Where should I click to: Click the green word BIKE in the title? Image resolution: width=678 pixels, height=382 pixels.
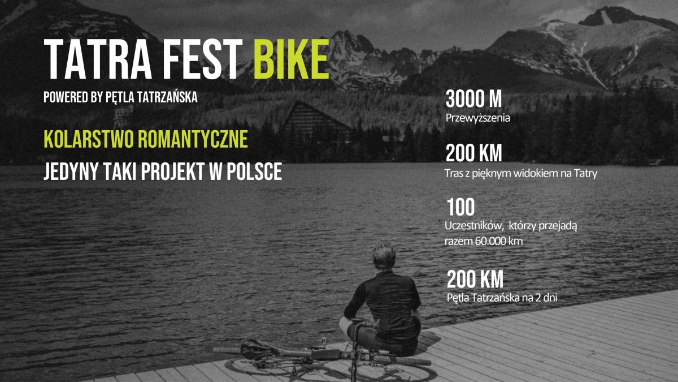pyautogui.click(x=292, y=59)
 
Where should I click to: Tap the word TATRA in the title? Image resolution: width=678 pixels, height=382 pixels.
pyautogui.click(x=98, y=59)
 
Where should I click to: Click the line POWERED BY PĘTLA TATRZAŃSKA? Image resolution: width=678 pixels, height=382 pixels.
pyautogui.click(x=120, y=97)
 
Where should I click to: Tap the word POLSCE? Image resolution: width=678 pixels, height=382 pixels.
pyautogui.click(x=254, y=171)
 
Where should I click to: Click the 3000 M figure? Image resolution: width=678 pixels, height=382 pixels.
pyautogui.click(x=473, y=99)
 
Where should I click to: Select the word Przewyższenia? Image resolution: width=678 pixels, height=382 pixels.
pyautogui.click(x=477, y=118)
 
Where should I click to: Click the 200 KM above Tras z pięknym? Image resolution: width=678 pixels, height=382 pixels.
pyautogui.click(x=473, y=153)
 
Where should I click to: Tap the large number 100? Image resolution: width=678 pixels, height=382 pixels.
pyautogui.click(x=460, y=207)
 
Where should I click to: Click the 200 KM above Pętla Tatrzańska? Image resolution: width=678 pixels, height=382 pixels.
pyautogui.click(x=475, y=280)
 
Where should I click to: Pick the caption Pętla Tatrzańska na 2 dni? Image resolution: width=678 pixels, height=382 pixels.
pyautogui.click(x=502, y=298)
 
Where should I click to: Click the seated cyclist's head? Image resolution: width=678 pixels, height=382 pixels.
pyautogui.click(x=384, y=257)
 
